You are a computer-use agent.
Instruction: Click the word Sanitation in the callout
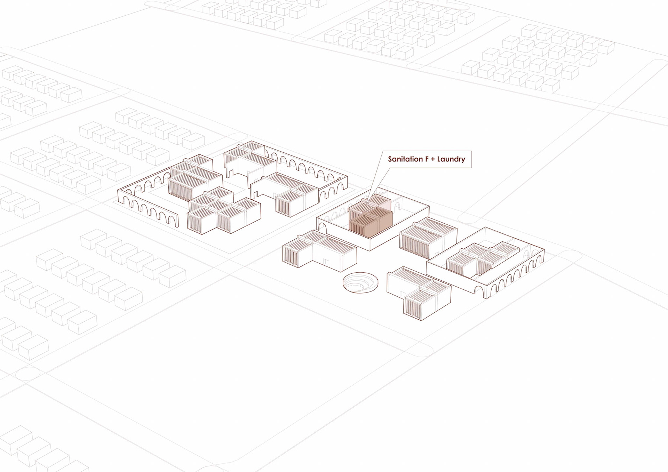(x=405, y=159)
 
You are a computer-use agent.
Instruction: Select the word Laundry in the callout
(x=451, y=159)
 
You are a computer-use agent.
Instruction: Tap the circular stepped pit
(x=360, y=282)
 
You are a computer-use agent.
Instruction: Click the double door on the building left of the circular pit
(x=326, y=262)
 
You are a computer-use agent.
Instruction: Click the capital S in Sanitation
(x=390, y=159)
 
